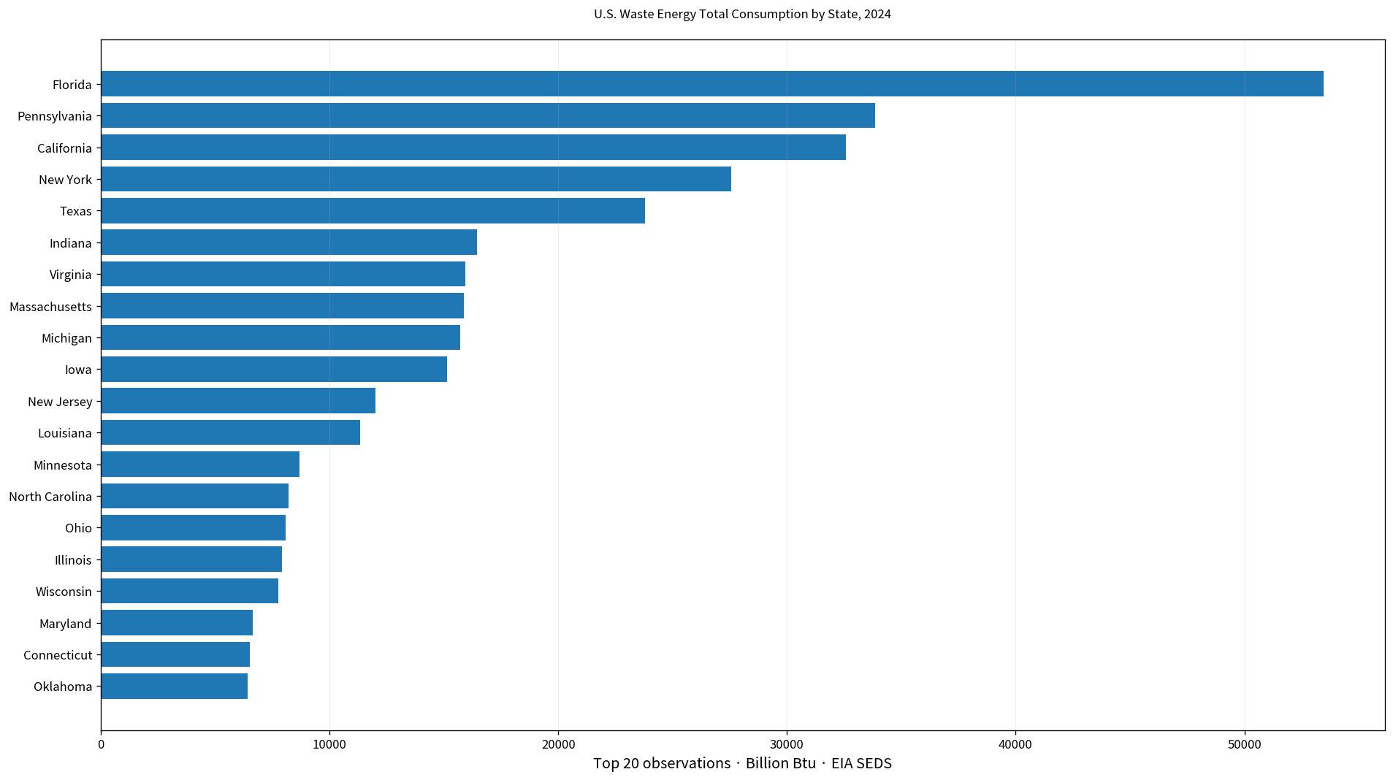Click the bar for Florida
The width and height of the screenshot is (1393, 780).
712,84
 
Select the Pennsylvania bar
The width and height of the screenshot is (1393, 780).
488,115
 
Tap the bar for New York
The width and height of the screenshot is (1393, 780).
416,179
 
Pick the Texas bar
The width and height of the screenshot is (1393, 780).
373,211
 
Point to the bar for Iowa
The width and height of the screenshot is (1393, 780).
274,370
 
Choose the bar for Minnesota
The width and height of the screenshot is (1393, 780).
200,464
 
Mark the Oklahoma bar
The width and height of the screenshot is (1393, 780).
175,687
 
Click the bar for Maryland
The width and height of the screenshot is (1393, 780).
177,623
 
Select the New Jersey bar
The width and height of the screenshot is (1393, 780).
238,401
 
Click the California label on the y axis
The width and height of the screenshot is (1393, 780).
65,148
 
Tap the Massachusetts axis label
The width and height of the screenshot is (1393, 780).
51,307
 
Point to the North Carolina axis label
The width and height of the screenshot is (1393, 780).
50,497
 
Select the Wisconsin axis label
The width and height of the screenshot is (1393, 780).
64,592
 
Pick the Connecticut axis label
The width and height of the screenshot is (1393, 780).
58,655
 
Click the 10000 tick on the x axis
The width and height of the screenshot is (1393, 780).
329,744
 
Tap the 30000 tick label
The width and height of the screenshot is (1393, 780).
787,744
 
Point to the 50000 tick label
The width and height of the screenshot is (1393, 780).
1245,744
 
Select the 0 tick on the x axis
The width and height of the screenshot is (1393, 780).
101,744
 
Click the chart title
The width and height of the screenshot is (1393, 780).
742,14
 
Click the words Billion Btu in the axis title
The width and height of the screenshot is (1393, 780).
781,763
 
